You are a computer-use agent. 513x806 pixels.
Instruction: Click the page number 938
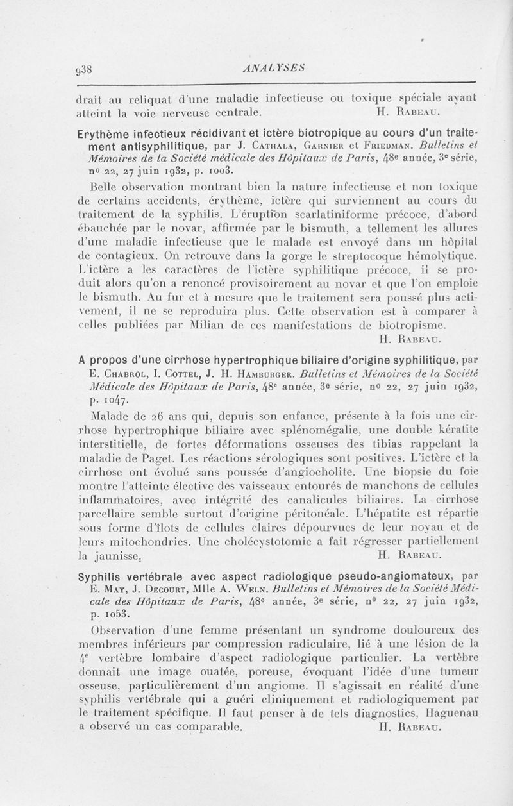(85, 68)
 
